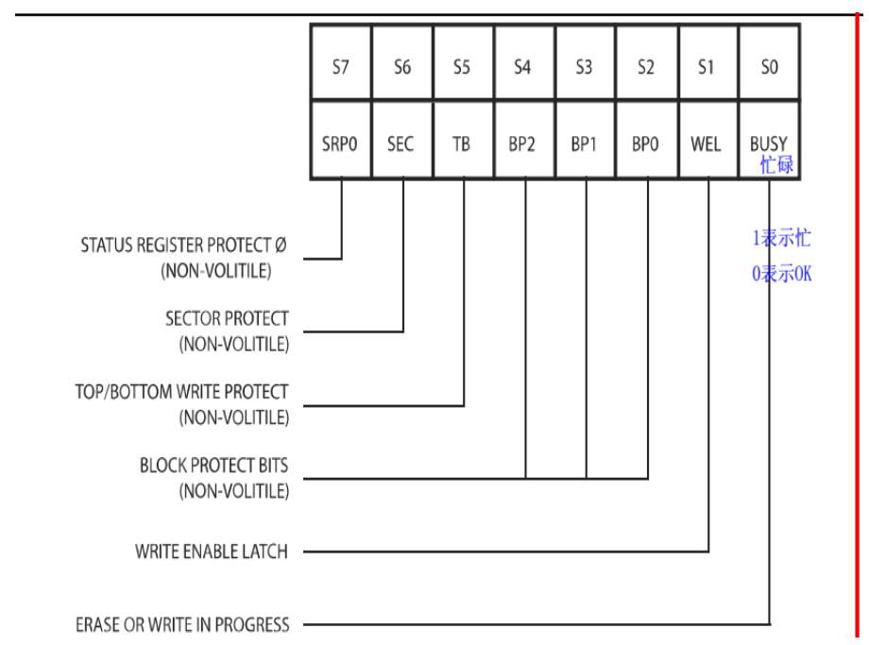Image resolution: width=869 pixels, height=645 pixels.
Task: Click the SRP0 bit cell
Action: click(341, 144)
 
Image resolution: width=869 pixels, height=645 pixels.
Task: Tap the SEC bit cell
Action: click(402, 144)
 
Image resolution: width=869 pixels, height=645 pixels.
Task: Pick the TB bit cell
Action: click(463, 144)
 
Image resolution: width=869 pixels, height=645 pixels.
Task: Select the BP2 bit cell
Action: click(523, 144)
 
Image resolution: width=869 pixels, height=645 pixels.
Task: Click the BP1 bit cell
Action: click(585, 144)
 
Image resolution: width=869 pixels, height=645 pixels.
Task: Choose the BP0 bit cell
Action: click(646, 144)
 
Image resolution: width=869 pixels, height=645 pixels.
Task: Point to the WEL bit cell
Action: click(707, 144)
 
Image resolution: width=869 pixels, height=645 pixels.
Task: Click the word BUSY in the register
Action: click(769, 144)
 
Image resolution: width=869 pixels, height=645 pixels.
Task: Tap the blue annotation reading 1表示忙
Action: click(781, 239)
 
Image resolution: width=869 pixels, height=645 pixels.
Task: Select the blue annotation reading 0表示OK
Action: click(781, 275)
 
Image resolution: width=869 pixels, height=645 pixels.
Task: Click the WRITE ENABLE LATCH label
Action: click(211, 552)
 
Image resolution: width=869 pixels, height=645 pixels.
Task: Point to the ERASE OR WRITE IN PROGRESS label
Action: click(182, 624)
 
